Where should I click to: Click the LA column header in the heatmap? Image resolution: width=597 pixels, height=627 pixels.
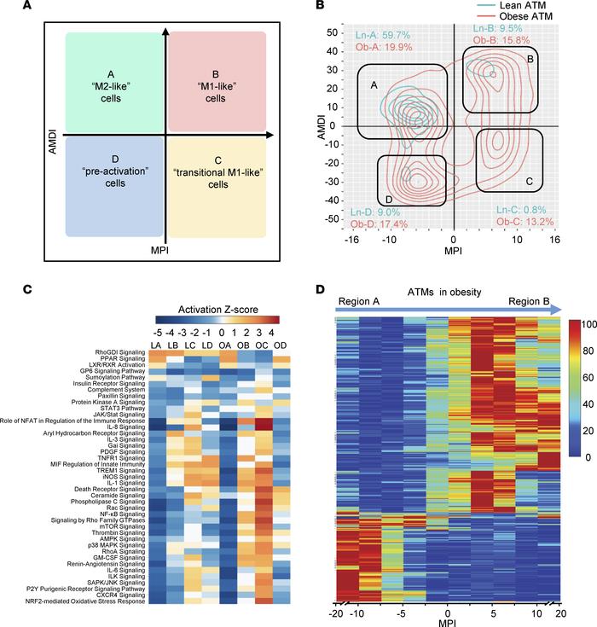[x=155, y=344]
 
